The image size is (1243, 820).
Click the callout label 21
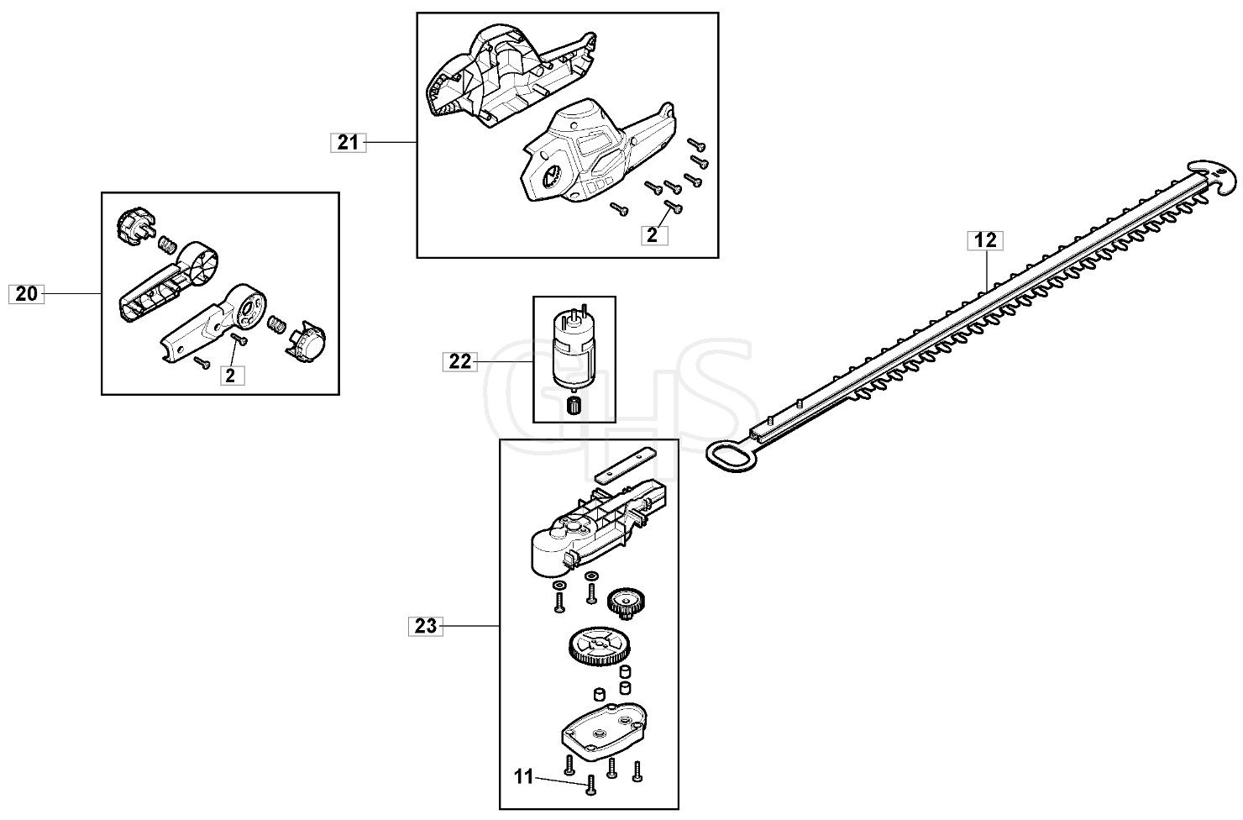click(x=348, y=143)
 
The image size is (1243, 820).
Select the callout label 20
click(x=26, y=294)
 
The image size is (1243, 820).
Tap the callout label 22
click(x=460, y=362)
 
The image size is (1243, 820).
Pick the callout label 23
click(x=426, y=626)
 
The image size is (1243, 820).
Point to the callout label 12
click(x=985, y=240)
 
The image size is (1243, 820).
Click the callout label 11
click(x=524, y=776)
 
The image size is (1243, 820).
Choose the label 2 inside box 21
click(x=653, y=235)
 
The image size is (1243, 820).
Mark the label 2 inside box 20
click(x=230, y=376)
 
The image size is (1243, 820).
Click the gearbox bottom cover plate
click(x=604, y=733)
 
